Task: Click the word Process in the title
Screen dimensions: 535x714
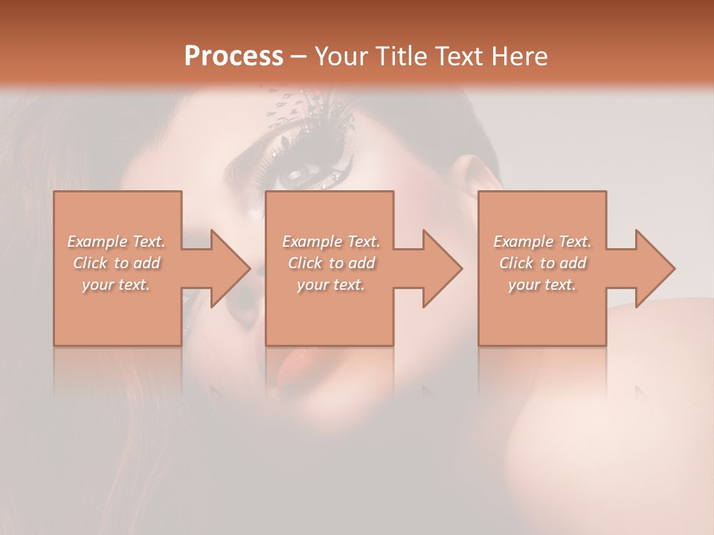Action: point(234,56)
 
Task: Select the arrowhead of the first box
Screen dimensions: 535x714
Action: point(223,268)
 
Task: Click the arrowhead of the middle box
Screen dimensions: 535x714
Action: point(436,268)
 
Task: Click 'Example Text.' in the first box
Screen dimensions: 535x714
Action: point(117,241)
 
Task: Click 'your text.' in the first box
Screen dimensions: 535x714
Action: point(116,285)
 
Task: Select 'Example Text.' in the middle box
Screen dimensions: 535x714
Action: point(330,241)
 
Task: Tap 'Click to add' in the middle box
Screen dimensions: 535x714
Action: point(330,263)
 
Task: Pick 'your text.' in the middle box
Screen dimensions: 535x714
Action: point(330,285)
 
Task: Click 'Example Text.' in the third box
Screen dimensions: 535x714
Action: point(542,241)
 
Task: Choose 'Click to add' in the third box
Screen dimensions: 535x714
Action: point(542,263)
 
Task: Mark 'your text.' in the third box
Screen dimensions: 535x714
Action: point(542,285)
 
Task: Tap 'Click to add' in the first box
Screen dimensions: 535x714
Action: point(117,263)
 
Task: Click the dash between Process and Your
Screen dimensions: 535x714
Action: point(298,56)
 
